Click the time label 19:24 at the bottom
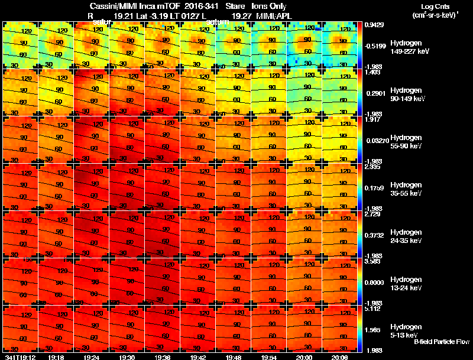pos(91,357)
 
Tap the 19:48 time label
pos(233,357)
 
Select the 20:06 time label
pos(339,357)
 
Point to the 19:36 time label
pos(162,357)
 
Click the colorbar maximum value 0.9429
pos(374,25)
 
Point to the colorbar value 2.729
pos(373,214)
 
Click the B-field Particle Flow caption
pos(442,342)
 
